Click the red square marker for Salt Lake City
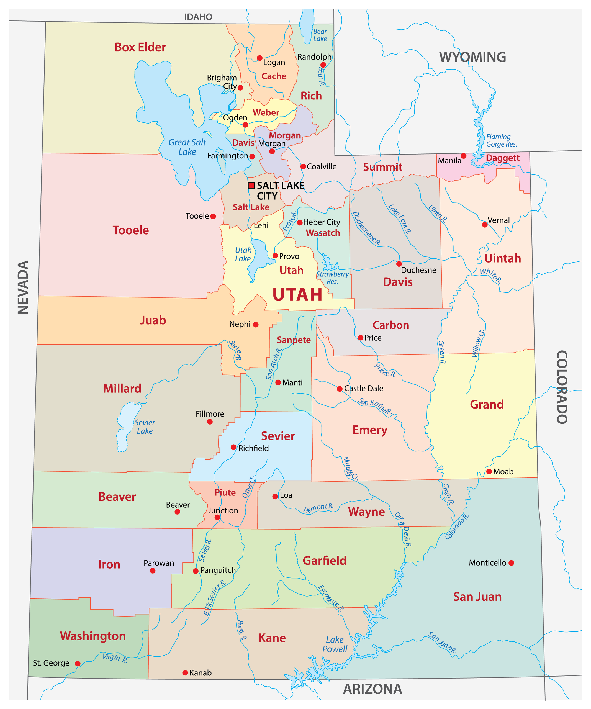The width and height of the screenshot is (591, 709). pyautogui.click(x=251, y=185)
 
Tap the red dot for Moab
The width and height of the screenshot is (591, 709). pyautogui.click(x=489, y=471)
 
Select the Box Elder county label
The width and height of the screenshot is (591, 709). pyautogui.click(x=140, y=47)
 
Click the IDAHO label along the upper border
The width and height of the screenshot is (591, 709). pyautogui.click(x=198, y=17)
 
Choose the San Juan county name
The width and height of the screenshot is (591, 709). pyautogui.click(x=477, y=597)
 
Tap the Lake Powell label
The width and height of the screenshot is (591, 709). pyautogui.click(x=335, y=644)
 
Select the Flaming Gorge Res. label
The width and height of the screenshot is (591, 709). pyautogui.click(x=501, y=140)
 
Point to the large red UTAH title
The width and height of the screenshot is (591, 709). pyautogui.click(x=297, y=294)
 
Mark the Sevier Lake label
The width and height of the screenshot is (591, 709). pyautogui.click(x=145, y=427)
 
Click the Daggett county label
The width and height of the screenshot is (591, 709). pyautogui.click(x=503, y=158)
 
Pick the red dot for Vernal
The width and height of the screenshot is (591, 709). pyautogui.click(x=485, y=225)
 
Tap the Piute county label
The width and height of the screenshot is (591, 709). pyautogui.click(x=225, y=493)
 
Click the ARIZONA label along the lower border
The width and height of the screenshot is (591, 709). pyautogui.click(x=372, y=689)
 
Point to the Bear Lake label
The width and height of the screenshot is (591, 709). pyautogui.click(x=320, y=35)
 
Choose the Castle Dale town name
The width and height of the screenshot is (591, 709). pyautogui.click(x=364, y=388)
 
